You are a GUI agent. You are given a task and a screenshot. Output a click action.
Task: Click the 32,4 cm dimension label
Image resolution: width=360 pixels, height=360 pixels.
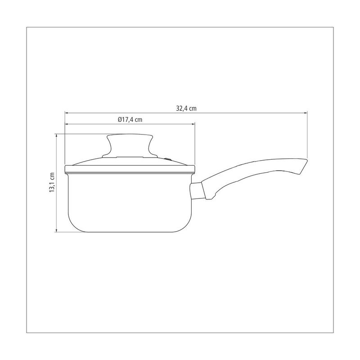coord(186,108)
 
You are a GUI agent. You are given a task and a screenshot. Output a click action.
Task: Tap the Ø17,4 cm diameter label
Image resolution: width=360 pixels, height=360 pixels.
coord(130,119)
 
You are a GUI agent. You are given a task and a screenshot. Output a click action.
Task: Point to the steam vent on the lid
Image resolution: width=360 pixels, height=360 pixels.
coord(168,158)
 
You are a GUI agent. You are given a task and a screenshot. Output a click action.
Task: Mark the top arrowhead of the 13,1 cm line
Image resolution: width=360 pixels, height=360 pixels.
coord(57,135)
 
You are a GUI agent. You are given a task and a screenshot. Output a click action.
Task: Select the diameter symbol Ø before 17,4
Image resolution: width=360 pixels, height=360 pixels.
coord(120,119)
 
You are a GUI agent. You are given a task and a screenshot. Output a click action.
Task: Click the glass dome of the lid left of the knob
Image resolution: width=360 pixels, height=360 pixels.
coord(90,160)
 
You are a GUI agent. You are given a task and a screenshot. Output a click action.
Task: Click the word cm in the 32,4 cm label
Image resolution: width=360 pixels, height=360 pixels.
coord(192,108)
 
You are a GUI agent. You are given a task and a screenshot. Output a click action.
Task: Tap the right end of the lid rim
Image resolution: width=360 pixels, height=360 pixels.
coord(194,169)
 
